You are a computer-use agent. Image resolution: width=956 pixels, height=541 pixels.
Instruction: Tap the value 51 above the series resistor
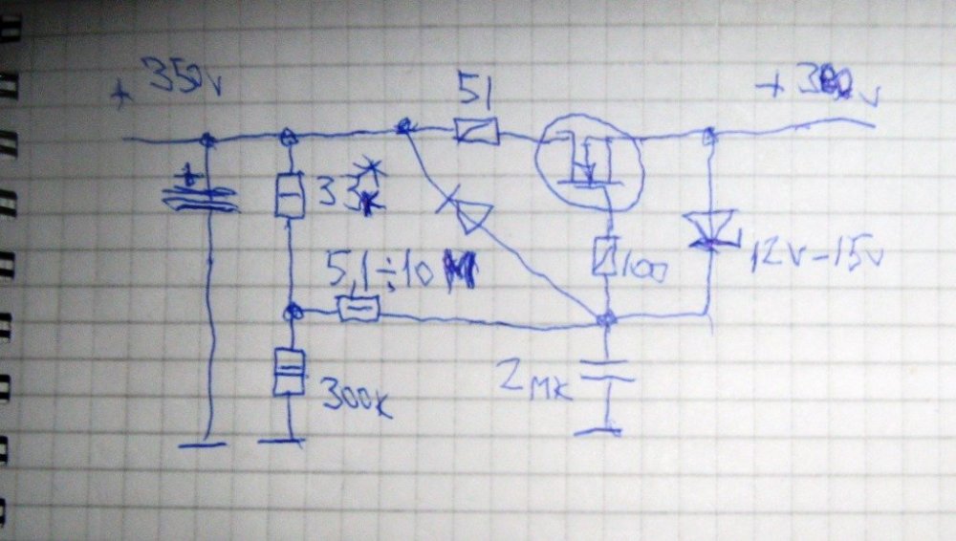(x=475, y=90)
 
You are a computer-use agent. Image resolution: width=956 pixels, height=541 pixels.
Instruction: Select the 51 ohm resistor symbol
(x=476, y=131)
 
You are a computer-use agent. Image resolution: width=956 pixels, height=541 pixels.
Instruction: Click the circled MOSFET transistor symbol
(x=590, y=162)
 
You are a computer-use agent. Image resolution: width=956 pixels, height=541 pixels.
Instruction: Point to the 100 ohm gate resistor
(x=603, y=257)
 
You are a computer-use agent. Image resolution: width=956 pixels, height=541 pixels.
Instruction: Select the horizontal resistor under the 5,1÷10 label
(x=358, y=308)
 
